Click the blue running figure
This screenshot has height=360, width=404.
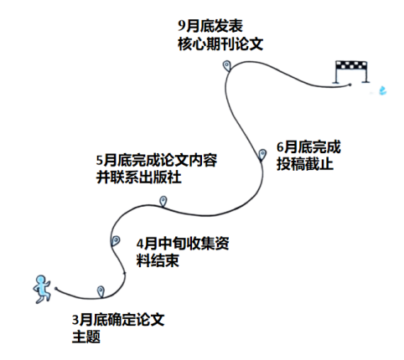pyautogui.click(x=42, y=289)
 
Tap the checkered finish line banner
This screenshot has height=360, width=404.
pyautogui.click(x=351, y=64)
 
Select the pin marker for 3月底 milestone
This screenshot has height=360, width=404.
pyautogui.click(x=101, y=291)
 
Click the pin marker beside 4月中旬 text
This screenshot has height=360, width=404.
pyautogui.click(x=116, y=240)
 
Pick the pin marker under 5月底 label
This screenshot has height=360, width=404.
pyautogui.click(x=163, y=201)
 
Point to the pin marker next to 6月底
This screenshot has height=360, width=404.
pyautogui.click(x=262, y=155)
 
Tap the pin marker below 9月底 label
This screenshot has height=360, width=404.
pyautogui.click(x=226, y=66)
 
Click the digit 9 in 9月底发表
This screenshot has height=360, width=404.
pyautogui.click(x=182, y=26)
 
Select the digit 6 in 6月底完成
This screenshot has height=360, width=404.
pyautogui.click(x=280, y=147)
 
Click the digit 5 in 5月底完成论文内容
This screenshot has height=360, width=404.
pyautogui.click(x=100, y=161)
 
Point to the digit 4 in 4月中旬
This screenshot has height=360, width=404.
pyautogui.click(x=140, y=244)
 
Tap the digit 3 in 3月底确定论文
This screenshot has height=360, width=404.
pyautogui.click(x=75, y=320)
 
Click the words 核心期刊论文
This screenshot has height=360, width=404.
pyautogui.click(x=220, y=44)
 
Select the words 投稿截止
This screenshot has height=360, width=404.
pyautogui.click(x=305, y=164)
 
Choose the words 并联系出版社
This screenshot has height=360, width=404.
pyautogui.click(x=139, y=177)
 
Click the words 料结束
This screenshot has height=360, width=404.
pyautogui.click(x=158, y=260)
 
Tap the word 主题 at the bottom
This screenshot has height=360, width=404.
pyautogui.click(x=86, y=337)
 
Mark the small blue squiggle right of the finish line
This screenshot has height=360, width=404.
pyautogui.click(x=382, y=90)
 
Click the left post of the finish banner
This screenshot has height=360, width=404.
pyautogui.click(x=336, y=72)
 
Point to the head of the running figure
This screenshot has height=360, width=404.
pyautogui.click(x=41, y=280)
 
